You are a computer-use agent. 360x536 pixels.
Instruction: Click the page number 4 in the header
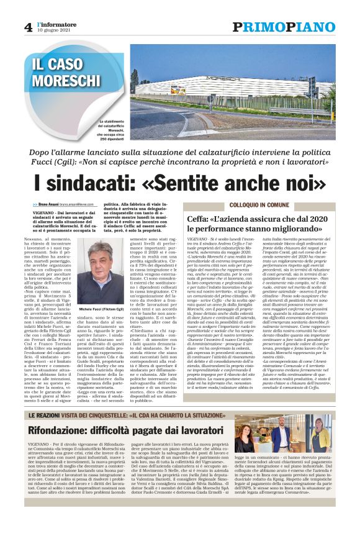click(28, 27)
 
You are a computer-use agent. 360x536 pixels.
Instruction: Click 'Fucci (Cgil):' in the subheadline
click(63, 164)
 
